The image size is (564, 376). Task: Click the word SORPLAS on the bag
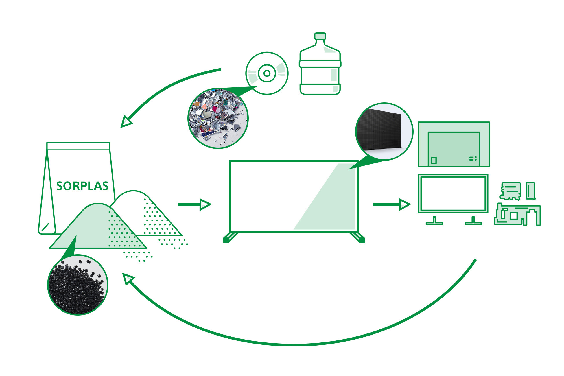tap(82, 186)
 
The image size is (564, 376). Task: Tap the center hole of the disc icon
tap(267, 73)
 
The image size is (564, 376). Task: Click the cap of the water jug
tap(320, 36)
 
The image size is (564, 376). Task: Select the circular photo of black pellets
tap(78, 285)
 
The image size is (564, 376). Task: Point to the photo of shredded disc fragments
tap(218, 118)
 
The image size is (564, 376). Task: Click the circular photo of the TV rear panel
tap(384, 131)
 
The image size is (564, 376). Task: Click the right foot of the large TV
tap(357, 237)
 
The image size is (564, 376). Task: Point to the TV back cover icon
tap(454, 144)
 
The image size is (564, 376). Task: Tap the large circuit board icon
tap(517, 214)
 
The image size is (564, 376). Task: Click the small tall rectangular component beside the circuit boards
tap(530, 191)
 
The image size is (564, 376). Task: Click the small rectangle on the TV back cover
tap(434, 160)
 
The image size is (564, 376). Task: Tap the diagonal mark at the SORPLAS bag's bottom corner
tap(45, 227)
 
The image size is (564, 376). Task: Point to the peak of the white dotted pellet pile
tap(133, 191)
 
